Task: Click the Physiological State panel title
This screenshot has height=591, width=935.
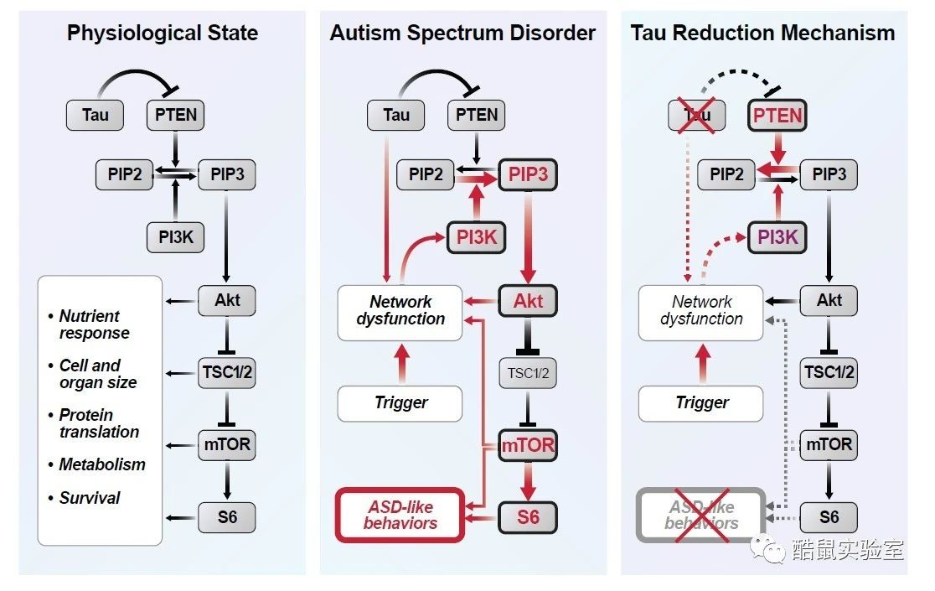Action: (163, 33)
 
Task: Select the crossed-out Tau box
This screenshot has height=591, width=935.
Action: (696, 115)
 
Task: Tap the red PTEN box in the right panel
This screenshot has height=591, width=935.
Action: (777, 115)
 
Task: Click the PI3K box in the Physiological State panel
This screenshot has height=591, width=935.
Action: (175, 237)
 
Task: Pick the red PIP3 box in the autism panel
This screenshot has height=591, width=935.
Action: (528, 174)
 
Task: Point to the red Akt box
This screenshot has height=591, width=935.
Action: (528, 301)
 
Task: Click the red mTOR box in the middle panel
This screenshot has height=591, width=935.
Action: (528, 445)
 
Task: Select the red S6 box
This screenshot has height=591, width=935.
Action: (528, 517)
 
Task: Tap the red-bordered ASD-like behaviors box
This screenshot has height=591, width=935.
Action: (400, 516)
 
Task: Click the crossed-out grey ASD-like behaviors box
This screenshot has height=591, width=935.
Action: (701, 516)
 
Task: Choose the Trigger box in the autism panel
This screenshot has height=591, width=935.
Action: (400, 403)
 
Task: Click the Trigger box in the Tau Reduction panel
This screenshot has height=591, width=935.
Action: (701, 403)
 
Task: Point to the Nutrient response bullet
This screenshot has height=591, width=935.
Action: (90, 324)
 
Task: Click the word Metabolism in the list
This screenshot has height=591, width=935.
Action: (102, 464)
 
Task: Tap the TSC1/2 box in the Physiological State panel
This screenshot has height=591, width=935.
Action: (227, 373)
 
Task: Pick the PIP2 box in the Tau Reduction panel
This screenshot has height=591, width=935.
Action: (726, 174)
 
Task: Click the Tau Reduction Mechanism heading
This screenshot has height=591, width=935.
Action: (762, 33)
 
